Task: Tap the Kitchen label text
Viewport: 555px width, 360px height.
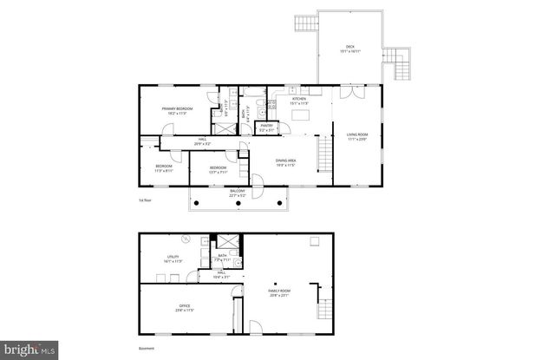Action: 299,101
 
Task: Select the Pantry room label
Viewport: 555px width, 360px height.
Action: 267,127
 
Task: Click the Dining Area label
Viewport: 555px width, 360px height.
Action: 286,161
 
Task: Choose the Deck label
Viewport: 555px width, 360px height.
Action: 350,49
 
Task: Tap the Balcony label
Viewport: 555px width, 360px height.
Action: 238,193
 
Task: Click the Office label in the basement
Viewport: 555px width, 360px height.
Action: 185,306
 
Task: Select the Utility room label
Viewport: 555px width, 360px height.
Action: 173,258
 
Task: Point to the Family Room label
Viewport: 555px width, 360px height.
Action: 278,293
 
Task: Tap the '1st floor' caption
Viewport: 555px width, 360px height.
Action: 145,200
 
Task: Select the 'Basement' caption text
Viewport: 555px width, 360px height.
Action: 147,349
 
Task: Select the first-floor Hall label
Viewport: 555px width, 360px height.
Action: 202,141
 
